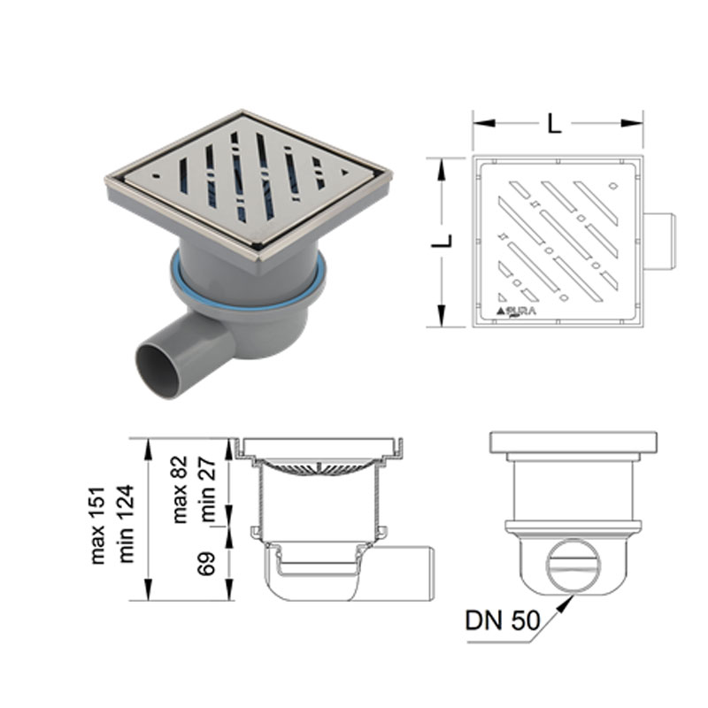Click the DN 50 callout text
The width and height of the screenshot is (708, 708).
pos(502,620)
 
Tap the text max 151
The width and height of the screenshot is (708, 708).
pos(98,526)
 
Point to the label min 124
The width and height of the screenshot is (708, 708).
pos(126,524)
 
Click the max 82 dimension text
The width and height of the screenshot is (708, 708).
pos(180,489)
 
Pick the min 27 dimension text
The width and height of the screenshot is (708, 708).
pos(208,489)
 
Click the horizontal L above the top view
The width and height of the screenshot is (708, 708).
pos(555,123)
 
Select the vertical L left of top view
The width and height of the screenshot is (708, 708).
pos(442,241)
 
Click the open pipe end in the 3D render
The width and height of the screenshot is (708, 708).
pos(158,370)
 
